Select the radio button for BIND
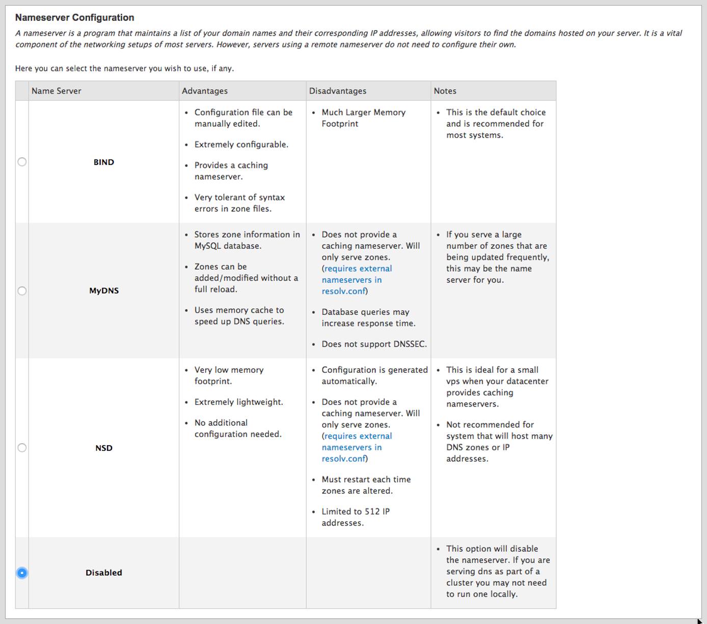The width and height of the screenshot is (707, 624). click(22, 162)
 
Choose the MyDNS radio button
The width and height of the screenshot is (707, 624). click(22, 291)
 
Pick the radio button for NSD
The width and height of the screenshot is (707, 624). click(22, 448)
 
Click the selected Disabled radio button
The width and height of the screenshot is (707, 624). click(22, 573)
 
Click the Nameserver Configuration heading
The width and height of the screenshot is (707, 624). click(75, 18)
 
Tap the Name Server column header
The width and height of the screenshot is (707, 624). click(57, 91)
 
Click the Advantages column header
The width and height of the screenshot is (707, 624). click(205, 91)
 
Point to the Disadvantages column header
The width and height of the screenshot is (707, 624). click(338, 91)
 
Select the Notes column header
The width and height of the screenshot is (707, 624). click(445, 91)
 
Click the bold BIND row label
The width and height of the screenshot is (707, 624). click(104, 162)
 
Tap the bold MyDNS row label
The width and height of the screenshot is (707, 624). click(104, 291)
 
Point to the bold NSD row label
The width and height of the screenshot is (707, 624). click(104, 448)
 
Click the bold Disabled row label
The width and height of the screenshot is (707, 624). click(104, 573)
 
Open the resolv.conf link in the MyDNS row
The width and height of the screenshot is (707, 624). click(343, 291)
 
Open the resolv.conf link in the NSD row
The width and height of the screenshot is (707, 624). click(343, 459)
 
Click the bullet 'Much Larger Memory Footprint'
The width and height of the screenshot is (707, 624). click(363, 118)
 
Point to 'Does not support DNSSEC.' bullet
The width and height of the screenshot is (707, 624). click(374, 344)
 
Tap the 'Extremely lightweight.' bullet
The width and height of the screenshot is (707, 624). click(238, 402)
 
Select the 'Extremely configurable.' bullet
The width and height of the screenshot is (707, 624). click(241, 145)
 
